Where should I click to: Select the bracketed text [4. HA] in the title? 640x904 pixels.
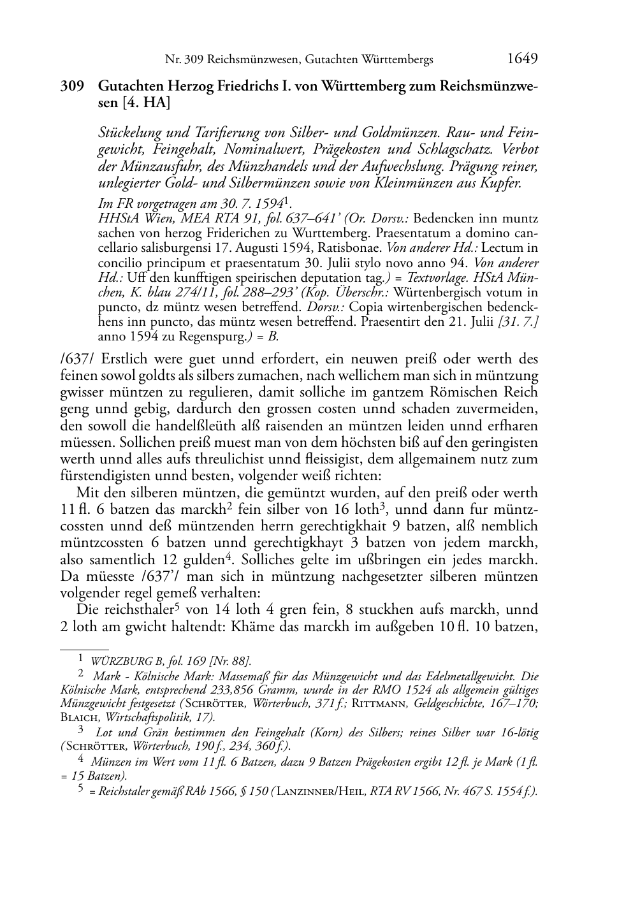[x=146, y=102]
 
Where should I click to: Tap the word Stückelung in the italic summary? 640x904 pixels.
[x=129, y=133]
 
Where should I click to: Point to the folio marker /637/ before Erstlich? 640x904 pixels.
[x=78, y=359]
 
